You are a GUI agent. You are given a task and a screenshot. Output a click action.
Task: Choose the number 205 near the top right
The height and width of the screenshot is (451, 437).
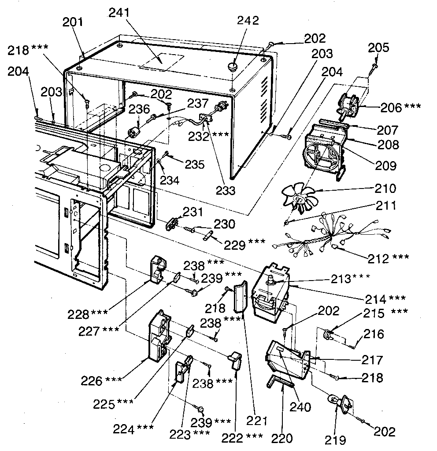378,48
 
